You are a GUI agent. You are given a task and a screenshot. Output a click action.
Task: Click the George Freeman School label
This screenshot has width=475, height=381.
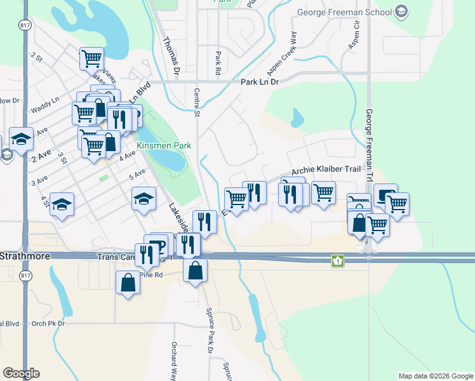pos(344,12)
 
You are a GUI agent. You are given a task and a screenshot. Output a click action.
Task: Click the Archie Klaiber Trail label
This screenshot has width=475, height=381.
pos(326,170)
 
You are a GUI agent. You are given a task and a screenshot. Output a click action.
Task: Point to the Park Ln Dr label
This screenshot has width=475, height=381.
pos(260,82)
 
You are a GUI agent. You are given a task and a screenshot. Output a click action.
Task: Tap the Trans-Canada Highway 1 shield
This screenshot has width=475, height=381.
pos(339,260)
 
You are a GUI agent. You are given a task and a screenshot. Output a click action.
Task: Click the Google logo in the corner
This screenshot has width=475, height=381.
pos(21,373)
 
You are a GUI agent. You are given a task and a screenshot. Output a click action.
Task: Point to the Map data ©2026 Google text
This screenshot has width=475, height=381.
pos(435,376)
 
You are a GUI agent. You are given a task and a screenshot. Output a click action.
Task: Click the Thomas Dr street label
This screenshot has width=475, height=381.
pos(171,54)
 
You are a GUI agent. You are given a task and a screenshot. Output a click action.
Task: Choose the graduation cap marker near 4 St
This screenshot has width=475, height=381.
pos(62,204)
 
